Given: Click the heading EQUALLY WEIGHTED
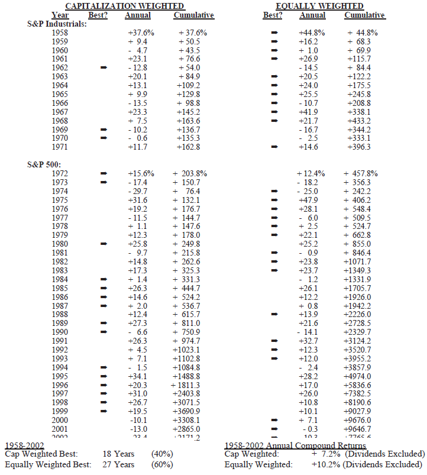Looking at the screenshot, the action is click(321, 5).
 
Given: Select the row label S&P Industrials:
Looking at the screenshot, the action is click(57, 24).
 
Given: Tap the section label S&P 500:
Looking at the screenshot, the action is click(44, 164).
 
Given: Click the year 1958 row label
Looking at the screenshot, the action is click(60, 33).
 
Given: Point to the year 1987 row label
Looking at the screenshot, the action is click(60, 305).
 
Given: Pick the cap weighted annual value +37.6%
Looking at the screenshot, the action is click(141, 33).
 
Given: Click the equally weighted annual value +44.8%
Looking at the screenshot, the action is click(312, 33).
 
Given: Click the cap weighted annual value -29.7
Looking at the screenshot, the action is click(138, 192).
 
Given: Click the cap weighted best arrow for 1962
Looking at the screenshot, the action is click(104, 67).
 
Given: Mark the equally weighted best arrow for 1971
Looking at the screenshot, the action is click(274, 146).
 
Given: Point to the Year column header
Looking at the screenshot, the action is click(60, 15).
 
